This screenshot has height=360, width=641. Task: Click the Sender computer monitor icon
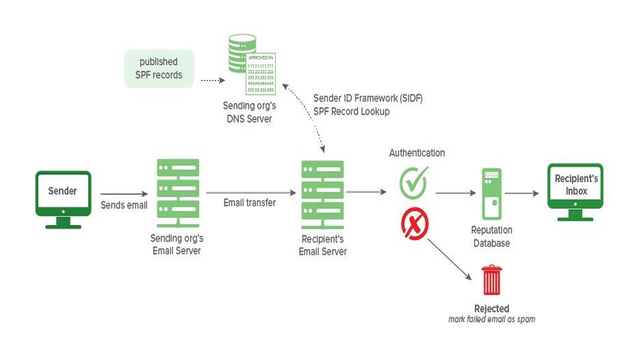click(63, 196)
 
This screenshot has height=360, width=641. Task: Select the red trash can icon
click(491, 280)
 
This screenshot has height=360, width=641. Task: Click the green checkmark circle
click(413, 181)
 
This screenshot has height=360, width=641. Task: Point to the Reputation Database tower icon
click(491, 194)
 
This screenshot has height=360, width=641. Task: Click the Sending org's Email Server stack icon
click(178, 188)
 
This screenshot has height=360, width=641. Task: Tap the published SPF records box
click(159, 68)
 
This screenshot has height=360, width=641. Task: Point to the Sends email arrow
click(124, 194)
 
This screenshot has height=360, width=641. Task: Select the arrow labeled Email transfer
click(249, 192)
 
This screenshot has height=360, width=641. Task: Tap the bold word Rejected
click(491, 309)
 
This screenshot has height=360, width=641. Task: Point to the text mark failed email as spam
click(491, 319)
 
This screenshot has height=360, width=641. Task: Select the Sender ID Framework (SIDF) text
click(368, 99)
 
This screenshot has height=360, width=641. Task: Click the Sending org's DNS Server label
click(247, 112)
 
